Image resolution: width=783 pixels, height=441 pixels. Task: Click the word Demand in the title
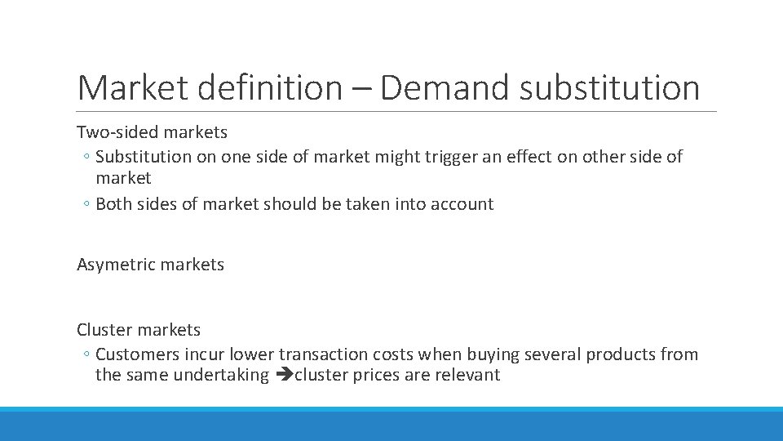[x=445, y=88]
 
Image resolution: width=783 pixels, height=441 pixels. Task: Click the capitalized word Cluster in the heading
[x=104, y=330]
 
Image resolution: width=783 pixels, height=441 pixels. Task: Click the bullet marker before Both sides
[x=86, y=205]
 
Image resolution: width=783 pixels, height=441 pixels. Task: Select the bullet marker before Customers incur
[x=86, y=355]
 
